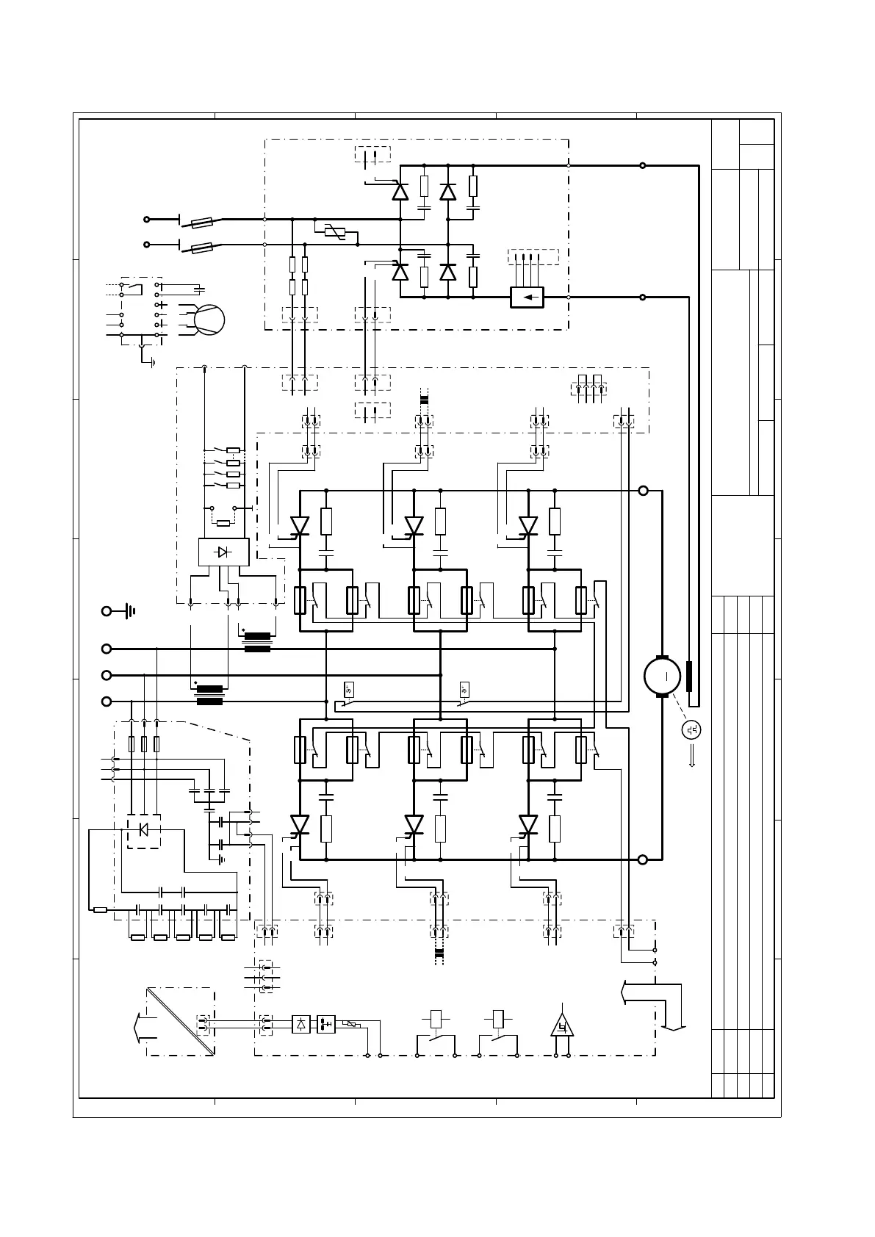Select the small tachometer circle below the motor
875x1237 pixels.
tap(691, 729)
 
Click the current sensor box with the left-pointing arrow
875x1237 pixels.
tap(527, 297)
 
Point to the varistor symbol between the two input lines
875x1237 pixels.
tap(334, 232)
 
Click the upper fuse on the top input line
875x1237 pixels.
tap(203, 220)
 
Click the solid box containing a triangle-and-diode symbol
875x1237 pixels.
tap(223, 552)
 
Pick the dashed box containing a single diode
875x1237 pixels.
tap(143, 830)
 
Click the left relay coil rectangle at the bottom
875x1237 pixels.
tap(436, 1019)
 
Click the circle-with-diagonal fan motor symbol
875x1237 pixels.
tap(209, 319)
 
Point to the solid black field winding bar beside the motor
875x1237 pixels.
tap(689, 676)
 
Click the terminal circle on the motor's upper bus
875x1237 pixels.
tap(644, 491)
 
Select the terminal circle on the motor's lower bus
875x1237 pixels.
tap(644, 859)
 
